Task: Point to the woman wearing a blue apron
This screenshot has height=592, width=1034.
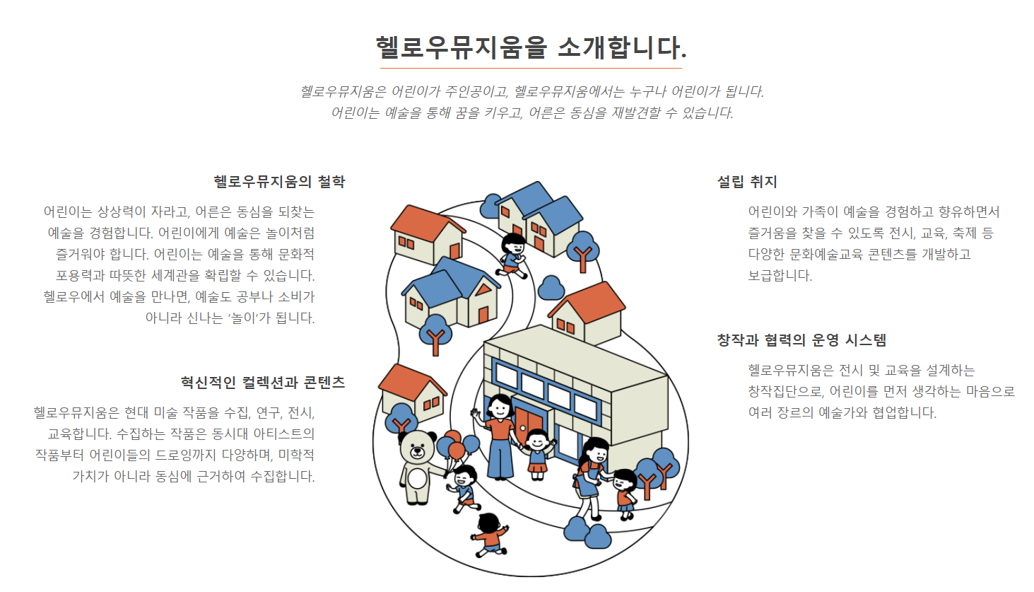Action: click(x=592, y=470)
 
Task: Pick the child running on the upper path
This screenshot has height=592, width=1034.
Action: click(x=512, y=255)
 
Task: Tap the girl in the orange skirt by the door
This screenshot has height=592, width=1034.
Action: click(x=538, y=453)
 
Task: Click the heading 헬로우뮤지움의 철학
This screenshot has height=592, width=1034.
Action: click(x=279, y=182)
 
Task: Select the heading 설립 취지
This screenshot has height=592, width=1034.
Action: click(x=747, y=182)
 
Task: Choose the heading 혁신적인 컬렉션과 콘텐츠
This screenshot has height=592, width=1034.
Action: click(x=263, y=383)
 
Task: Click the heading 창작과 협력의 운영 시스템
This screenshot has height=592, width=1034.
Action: click(x=801, y=340)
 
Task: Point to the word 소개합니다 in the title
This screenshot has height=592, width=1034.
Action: click(x=621, y=47)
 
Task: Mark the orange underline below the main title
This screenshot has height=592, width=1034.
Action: click(x=531, y=69)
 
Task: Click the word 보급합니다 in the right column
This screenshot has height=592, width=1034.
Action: click(x=780, y=276)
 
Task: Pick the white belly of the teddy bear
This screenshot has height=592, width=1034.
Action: click(x=418, y=479)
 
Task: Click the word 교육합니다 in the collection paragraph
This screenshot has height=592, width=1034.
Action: click(x=78, y=434)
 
